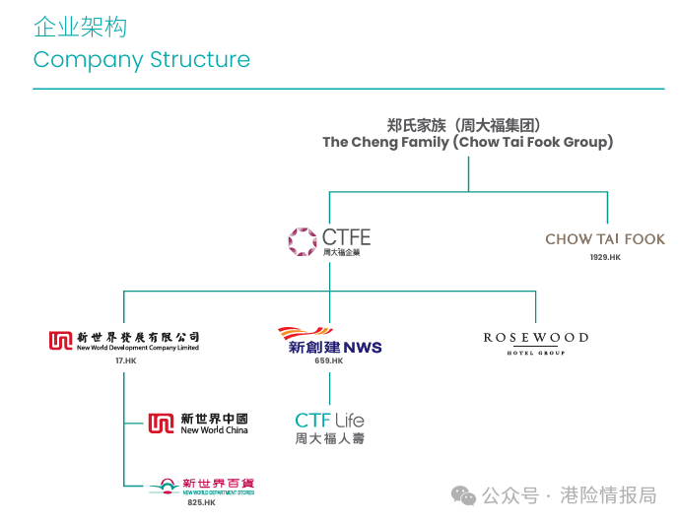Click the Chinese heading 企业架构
coord(81,27)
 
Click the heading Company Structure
coord(141,59)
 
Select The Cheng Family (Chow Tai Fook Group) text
coord(467,142)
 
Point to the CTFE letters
coord(346,236)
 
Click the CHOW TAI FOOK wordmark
coord(604,238)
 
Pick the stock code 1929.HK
coord(605,257)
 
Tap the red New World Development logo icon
coord(60,340)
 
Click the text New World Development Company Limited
coord(137,348)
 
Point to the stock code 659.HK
coord(328,361)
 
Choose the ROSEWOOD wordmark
coord(535,338)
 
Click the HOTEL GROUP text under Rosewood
coord(535,352)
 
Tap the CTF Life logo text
coord(329,421)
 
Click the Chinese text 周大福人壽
coord(329,438)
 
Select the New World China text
coord(214,430)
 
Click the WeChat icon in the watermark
coord(464,495)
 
